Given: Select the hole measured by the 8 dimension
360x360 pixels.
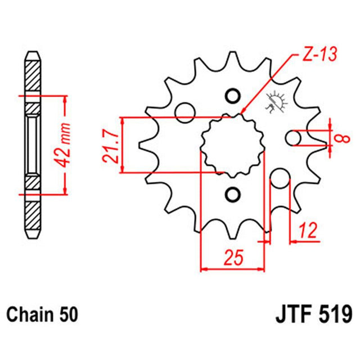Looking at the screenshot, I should (x=293, y=138).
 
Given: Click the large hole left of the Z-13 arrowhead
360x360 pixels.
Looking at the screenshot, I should (x=184, y=112).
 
